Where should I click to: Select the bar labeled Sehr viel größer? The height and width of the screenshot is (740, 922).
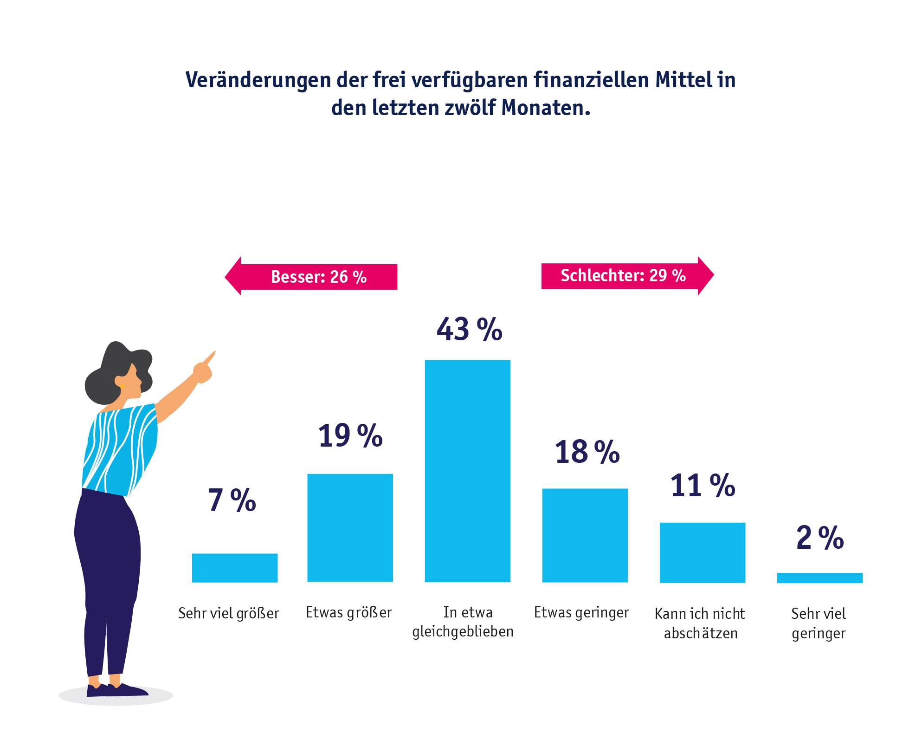[x=235, y=567]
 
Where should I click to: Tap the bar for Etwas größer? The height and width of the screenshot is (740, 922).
[x=350, y=527]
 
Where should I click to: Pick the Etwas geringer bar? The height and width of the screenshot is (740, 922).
[x=585, y=535]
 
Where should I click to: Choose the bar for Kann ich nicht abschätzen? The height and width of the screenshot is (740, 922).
[x=702, y=552]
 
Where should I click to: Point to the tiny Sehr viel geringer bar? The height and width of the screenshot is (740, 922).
[x=819, y=578]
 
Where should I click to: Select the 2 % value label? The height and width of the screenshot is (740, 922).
[x=819, y=538]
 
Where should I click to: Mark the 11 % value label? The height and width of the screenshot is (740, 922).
[x=702, y=486]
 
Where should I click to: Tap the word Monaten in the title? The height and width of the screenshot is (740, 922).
[x=545, y=108]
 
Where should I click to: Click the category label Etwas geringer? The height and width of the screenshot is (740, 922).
[x=581, y=612]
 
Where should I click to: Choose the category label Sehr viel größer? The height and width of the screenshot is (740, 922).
[x=228, y=613]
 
